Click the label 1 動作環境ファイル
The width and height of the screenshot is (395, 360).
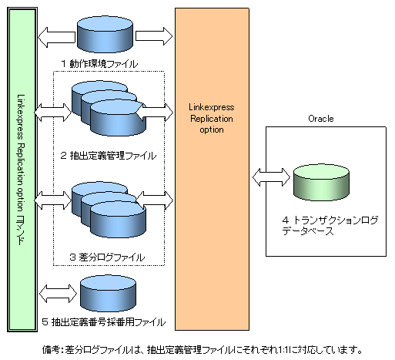pos(99,64)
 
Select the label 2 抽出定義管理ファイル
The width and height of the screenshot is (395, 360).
pos(109,156)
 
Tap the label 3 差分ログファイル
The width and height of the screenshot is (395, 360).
pos(107,257)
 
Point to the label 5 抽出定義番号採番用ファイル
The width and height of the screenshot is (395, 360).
pos(104,322)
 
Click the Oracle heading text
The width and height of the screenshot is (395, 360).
pos(321,119)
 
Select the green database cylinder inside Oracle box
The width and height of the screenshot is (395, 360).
pos(321,183)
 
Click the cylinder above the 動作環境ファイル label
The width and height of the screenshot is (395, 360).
pos(105,35)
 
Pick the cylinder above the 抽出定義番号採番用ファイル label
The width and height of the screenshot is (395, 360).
pos(108,294)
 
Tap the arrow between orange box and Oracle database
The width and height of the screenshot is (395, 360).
pos(271,177)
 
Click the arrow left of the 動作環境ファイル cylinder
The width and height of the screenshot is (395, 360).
pos(56,37)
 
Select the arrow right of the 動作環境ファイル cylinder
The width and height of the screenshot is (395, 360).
pos(154,36)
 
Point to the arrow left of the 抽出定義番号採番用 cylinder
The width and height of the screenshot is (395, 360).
pos(59,294)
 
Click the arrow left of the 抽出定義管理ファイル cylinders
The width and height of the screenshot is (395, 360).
pos(53,113)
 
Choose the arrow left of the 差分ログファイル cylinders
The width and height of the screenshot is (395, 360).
pos(53,200)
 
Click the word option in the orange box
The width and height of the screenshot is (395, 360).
pos(212,130)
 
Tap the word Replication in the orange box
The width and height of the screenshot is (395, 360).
pos(212,119)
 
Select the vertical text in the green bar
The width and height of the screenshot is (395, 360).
pos(21,170)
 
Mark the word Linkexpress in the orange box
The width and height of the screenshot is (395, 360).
pos(212,107)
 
